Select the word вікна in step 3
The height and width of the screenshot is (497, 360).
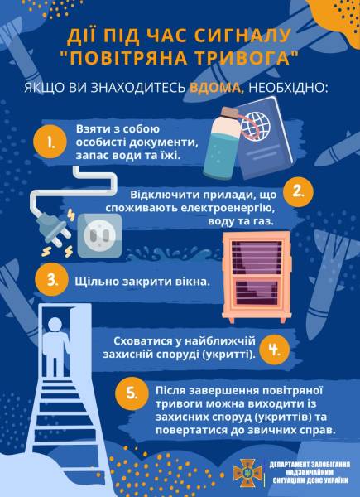[187, 281]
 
